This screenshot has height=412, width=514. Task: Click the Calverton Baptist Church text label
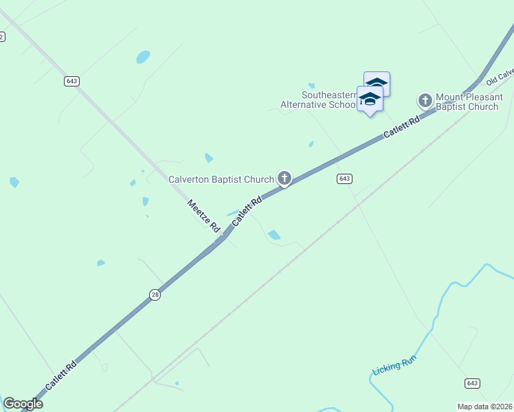221,180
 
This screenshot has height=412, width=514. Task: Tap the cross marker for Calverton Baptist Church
284,179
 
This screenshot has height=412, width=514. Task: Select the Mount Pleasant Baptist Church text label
467,102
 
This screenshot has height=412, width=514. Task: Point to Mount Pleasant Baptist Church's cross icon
425,101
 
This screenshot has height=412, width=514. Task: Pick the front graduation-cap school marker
370,100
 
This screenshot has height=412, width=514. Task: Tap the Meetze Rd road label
203,215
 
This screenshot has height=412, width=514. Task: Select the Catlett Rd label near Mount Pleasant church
402,128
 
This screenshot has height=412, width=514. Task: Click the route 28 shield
155,295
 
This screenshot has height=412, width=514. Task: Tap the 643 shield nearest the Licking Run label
472,383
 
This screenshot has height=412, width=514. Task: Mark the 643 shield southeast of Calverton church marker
345,179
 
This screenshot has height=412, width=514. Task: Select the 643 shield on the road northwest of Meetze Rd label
72,81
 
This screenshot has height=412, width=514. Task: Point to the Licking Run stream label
394,365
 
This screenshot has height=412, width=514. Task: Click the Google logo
23,404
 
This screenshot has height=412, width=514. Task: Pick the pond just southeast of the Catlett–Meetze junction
274,235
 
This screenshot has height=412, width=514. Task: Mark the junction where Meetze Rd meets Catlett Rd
223,238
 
